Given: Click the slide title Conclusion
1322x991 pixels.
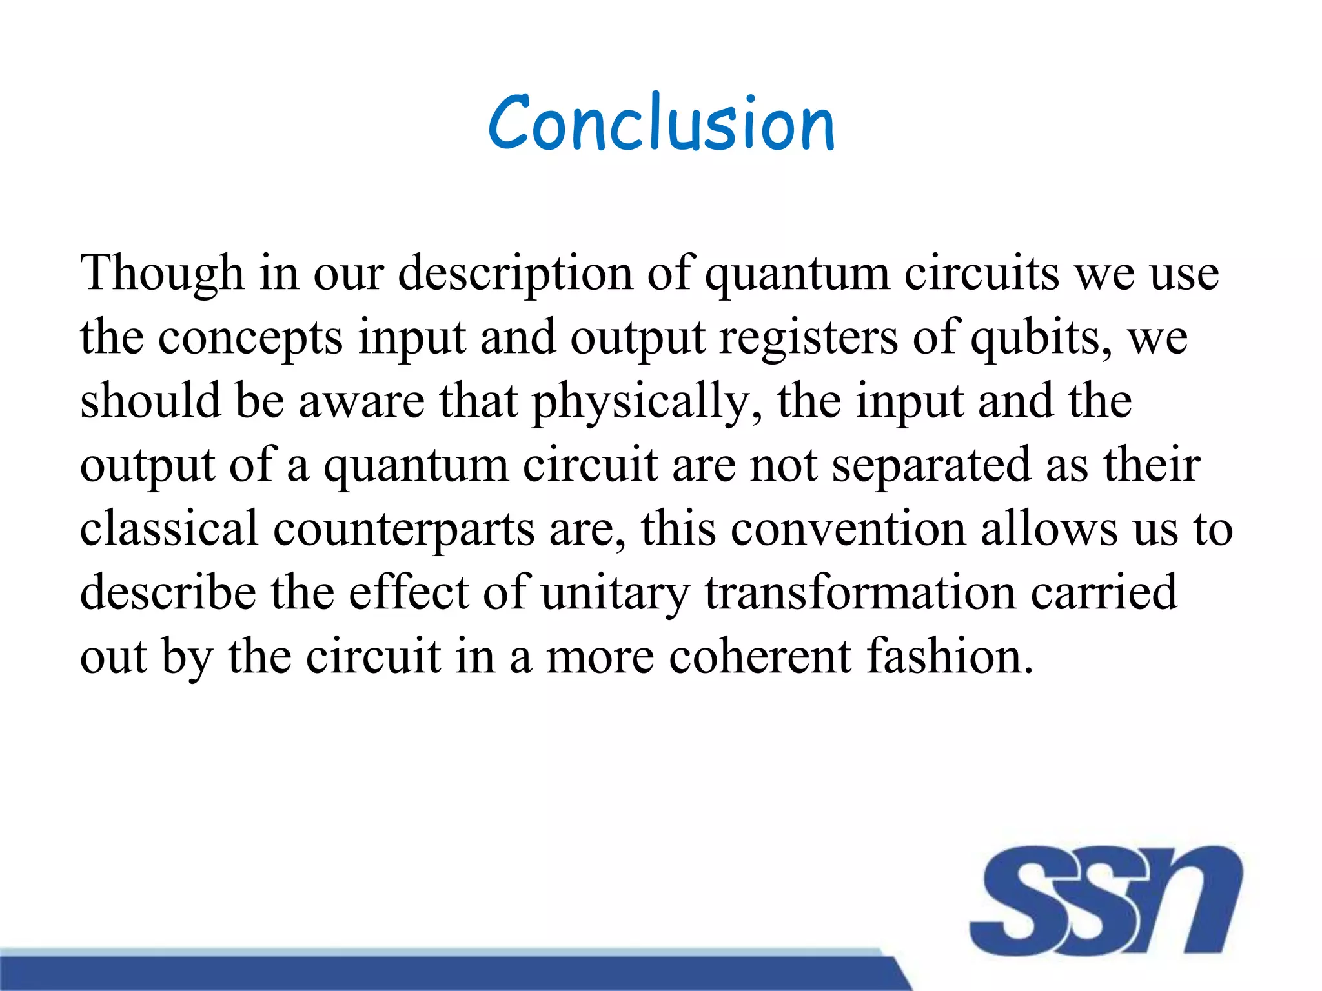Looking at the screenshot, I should coord(661,123).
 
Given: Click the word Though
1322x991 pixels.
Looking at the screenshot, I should coord(162,274).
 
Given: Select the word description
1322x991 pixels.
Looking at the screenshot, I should coord(515,274).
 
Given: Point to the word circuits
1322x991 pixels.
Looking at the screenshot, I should coord(981,274).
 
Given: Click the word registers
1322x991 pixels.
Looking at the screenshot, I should coord(808,337).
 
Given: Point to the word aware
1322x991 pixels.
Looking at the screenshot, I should coord(361,401).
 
